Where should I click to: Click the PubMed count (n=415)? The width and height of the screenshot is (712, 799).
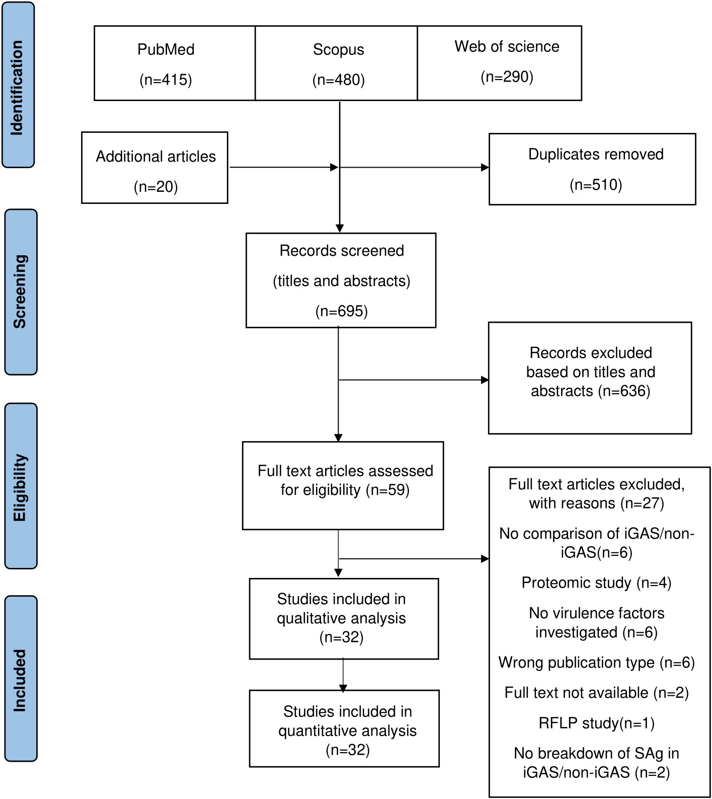[x=166, y=80]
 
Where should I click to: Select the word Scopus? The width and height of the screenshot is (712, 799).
[x=338, y=50]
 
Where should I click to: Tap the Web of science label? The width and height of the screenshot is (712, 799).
[x=507, y=46]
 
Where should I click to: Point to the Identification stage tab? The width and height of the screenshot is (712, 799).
[x=18, y=85]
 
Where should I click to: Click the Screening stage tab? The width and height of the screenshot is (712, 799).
[x=21, y=292]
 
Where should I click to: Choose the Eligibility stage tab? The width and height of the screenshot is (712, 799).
[x=21, y=486]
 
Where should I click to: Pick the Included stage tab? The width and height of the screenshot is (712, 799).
[x=21, y=679]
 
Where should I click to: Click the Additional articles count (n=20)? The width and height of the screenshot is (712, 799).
[x=156, y=187]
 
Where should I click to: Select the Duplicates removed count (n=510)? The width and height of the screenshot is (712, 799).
[x=596, y=185]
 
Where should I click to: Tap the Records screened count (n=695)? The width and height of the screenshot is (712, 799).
[x=342, y=311]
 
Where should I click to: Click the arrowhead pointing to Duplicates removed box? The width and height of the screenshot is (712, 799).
[x=485, y=167]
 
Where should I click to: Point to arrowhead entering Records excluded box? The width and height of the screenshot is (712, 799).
[x=485, y=380]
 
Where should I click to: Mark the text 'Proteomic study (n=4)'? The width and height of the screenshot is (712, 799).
[x=596, y=583]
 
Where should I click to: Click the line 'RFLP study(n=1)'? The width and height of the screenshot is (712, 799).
[x=596, y=723]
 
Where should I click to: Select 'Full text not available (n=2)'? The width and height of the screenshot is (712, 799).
[x=596, y=693]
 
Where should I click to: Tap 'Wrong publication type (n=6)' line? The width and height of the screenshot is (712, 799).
[x=596, y=663]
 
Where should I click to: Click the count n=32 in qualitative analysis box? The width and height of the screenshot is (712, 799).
[x=342, y=638]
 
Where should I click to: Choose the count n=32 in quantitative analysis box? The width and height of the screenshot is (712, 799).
[x=348, y=750]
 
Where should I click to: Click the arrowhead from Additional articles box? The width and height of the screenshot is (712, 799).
[x=334, y=167]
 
